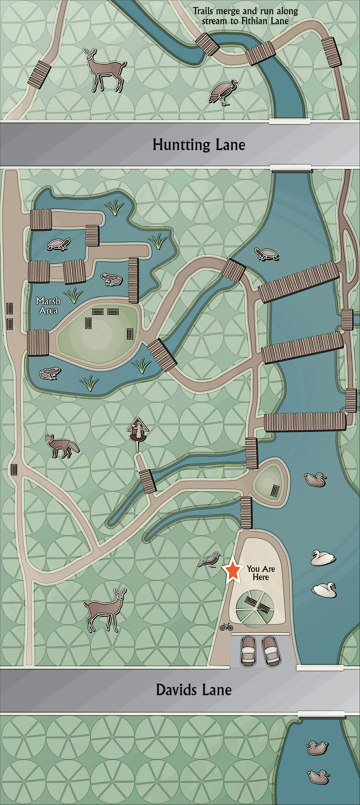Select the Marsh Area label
point(48,306)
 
